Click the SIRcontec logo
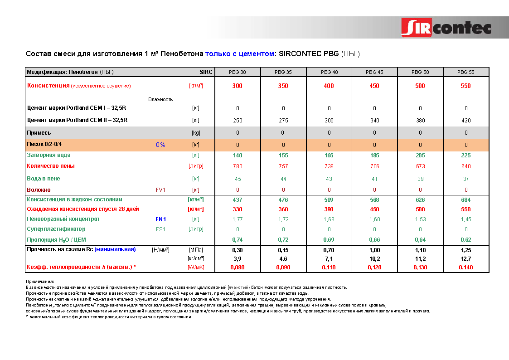click(446, 28)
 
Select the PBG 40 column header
click(329, 72)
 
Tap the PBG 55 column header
click(465, 72)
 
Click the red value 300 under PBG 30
click(238, 86)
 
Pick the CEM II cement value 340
click(374, 121)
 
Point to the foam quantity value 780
click(238, 166)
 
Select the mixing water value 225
click(465, 156)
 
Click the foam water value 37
click(466, 179)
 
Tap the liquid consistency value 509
click(329, 200)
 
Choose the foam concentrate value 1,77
click(238, 219)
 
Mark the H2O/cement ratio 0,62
click(465, 239)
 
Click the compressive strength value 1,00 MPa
click(374, 250)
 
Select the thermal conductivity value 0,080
click(238, 268)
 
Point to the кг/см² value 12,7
click(465, 259)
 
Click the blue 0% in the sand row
click(160, 145)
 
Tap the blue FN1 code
click(161, 219)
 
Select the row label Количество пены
click(51, 166)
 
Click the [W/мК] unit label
click(196, 268)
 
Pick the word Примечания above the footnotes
click(40, 282)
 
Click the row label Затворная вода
click(48, 155)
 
